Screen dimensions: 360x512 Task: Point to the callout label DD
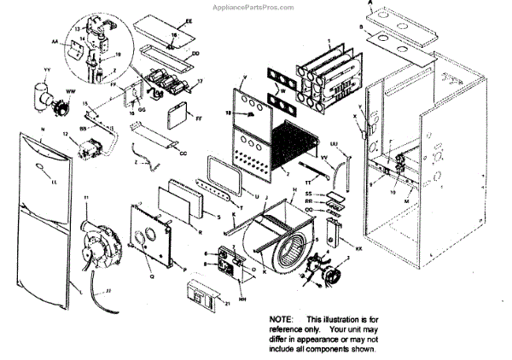tap(195, 53)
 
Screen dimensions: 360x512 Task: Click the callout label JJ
tap(108, 291)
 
